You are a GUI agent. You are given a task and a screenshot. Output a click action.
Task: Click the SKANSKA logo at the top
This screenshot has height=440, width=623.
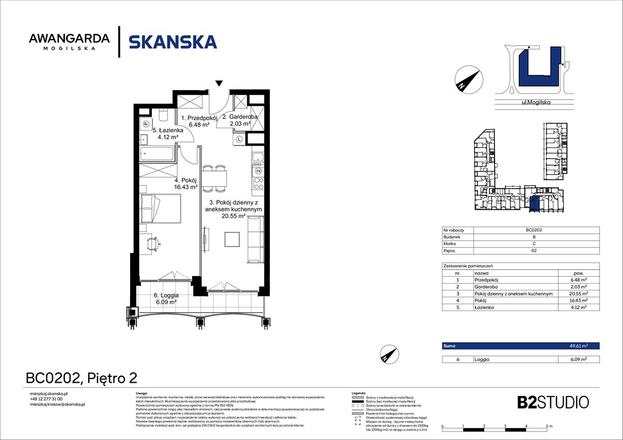(173, 42)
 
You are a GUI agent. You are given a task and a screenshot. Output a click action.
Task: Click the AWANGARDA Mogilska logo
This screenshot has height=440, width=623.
(69, 42)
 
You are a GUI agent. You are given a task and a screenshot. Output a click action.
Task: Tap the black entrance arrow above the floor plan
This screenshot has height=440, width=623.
(218, 84)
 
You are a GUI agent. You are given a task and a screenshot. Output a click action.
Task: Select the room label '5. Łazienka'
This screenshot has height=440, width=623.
(160, 133)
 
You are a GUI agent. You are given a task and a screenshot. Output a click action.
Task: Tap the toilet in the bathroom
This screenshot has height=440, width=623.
(163, 117)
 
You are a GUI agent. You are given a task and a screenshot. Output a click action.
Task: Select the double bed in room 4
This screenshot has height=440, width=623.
(161, 209)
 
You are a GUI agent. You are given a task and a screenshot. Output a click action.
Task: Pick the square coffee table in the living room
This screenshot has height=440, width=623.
(232, 238)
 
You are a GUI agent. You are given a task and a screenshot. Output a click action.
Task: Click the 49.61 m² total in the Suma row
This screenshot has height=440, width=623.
(587, 346)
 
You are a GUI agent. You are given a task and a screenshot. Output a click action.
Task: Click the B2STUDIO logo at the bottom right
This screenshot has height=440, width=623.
(544, 402)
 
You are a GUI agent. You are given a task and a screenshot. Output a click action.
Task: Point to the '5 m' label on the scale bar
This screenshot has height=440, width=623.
(548, 427)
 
